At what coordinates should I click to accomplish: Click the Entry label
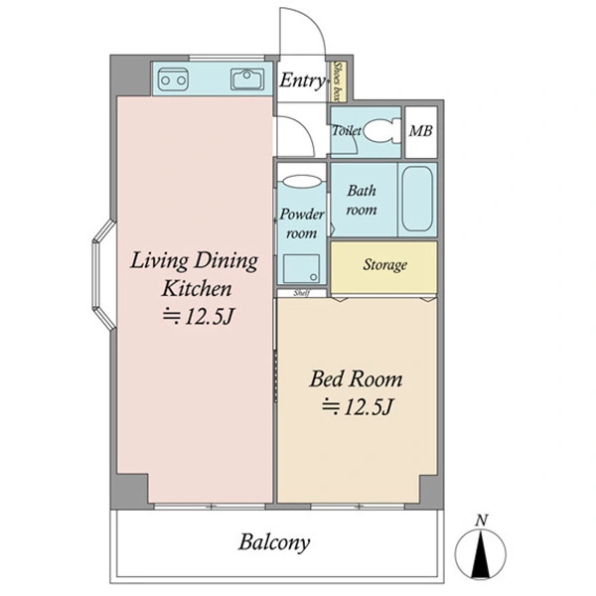point(303,80)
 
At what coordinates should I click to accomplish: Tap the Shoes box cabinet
point(338,81)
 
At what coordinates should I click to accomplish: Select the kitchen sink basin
point(247,79)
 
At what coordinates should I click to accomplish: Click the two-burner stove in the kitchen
point(173,79)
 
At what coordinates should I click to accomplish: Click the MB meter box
point(421,132)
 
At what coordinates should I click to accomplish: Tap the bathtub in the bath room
point(417,199)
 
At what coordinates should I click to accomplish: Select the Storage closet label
point(384,265)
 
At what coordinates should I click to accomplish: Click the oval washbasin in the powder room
point(303,181)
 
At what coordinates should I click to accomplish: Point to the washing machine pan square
point(301,268)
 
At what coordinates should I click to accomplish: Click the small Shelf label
point(302,293)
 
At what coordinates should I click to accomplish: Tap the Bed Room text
point(356,379)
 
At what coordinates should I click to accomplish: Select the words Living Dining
point(195,261)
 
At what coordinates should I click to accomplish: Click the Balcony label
point(274,542)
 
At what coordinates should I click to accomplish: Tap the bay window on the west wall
point(103,274)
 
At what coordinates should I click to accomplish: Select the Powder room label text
point(302,223)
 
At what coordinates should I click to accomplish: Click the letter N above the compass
point(482,521)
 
